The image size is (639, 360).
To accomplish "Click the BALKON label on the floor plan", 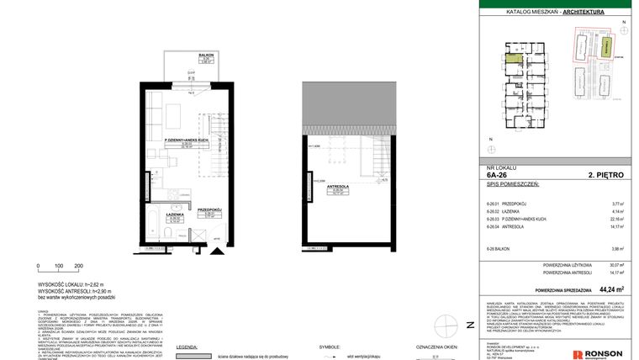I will [204, 55].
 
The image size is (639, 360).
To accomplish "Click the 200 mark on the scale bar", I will [79, 266].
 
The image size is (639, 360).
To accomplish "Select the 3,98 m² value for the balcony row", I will [617, 249].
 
